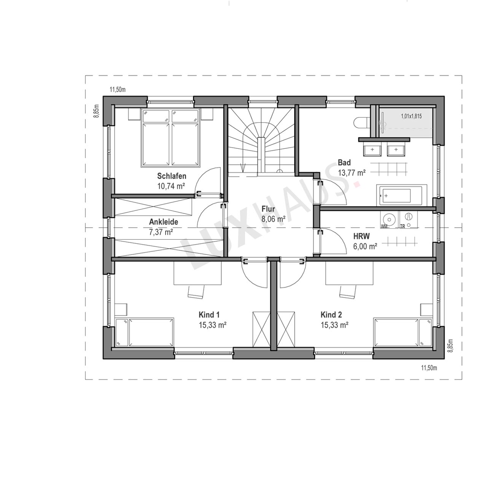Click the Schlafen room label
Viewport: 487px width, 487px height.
172,176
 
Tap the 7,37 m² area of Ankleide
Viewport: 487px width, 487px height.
161,232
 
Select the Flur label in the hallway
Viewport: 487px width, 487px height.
268,209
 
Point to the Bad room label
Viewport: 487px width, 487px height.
344,162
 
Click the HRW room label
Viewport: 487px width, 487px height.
361,236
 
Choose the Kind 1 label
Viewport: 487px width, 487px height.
209,315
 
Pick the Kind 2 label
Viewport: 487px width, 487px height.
331,315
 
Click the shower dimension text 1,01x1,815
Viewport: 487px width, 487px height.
411,116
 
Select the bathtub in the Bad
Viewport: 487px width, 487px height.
401,195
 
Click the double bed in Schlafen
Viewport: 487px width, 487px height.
170,138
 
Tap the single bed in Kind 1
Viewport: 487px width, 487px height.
145,332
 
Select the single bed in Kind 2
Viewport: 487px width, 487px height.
403,332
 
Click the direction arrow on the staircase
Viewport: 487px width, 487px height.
243,167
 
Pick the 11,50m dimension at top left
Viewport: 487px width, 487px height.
118,90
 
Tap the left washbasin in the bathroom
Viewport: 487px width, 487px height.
372,149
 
